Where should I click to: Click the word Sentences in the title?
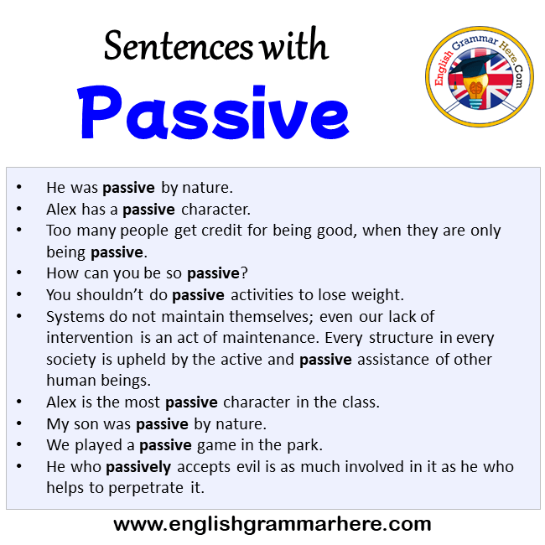pos(179,46)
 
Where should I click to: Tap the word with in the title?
pos(295,44)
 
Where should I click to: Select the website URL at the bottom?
pos(272,524)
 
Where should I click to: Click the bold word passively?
pos(138,468)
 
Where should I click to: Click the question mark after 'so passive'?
pos(244,273)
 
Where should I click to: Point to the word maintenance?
pos(271,338)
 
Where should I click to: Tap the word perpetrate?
pos(146,488)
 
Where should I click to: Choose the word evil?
pos(248,467)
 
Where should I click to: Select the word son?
pos(85,424)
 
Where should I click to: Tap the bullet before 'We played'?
pos(19,444)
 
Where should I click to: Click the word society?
pos(71,360)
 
